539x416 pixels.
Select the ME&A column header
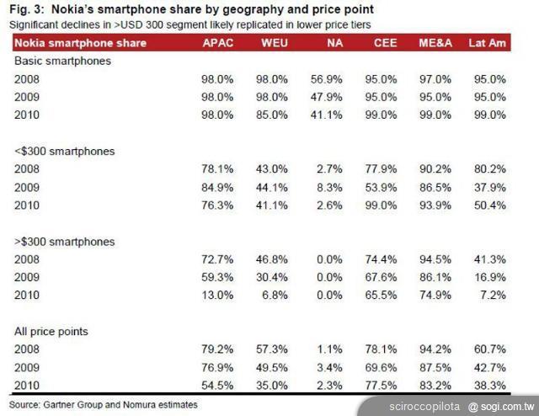pos(432,43)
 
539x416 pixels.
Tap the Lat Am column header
pos(487,43)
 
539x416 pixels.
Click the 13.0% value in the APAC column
pos(219,295)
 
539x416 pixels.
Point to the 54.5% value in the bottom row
pos(219,385)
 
